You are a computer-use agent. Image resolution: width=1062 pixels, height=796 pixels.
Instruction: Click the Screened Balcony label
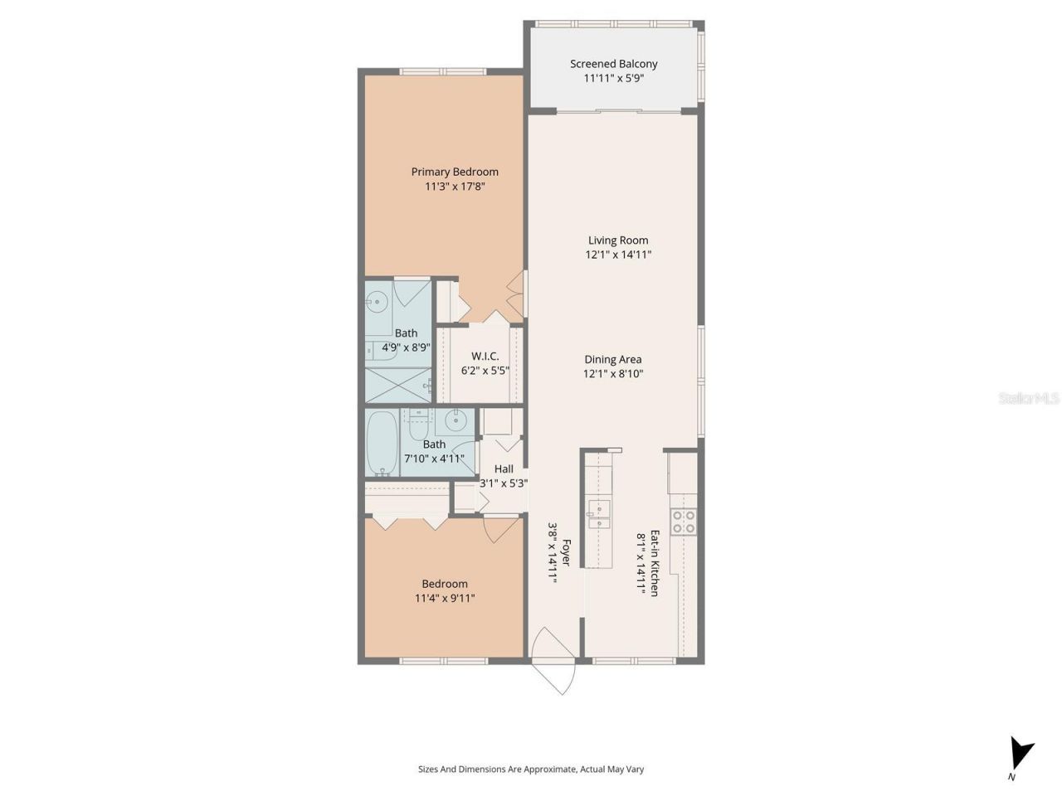pos(613,64)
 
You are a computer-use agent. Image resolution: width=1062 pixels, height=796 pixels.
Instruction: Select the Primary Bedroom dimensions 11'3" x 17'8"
pos(455,187)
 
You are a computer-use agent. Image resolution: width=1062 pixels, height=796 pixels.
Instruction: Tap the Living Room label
pos(618,240)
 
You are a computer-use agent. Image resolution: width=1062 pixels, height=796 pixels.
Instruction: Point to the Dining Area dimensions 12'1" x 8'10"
pos(613,374)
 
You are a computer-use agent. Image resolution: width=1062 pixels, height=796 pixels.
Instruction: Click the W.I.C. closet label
pos(485,357)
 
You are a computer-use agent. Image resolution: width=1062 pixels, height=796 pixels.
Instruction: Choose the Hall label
pos(504,469)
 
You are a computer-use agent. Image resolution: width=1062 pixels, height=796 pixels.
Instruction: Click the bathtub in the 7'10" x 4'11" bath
pos(383,444)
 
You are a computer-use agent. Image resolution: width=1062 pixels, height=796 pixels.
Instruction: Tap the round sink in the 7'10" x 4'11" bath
pos(455,421)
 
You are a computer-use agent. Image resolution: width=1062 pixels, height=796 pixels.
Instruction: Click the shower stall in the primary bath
pos(398,384)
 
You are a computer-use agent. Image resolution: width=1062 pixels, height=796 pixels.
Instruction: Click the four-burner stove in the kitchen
pos(684,521)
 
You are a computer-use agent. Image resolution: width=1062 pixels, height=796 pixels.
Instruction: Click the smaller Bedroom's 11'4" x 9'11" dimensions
pos(445,599)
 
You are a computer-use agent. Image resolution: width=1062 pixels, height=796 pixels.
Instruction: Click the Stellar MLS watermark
pos(1029,399)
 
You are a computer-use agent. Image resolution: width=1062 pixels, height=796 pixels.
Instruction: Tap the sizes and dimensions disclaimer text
pos(531,769)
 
